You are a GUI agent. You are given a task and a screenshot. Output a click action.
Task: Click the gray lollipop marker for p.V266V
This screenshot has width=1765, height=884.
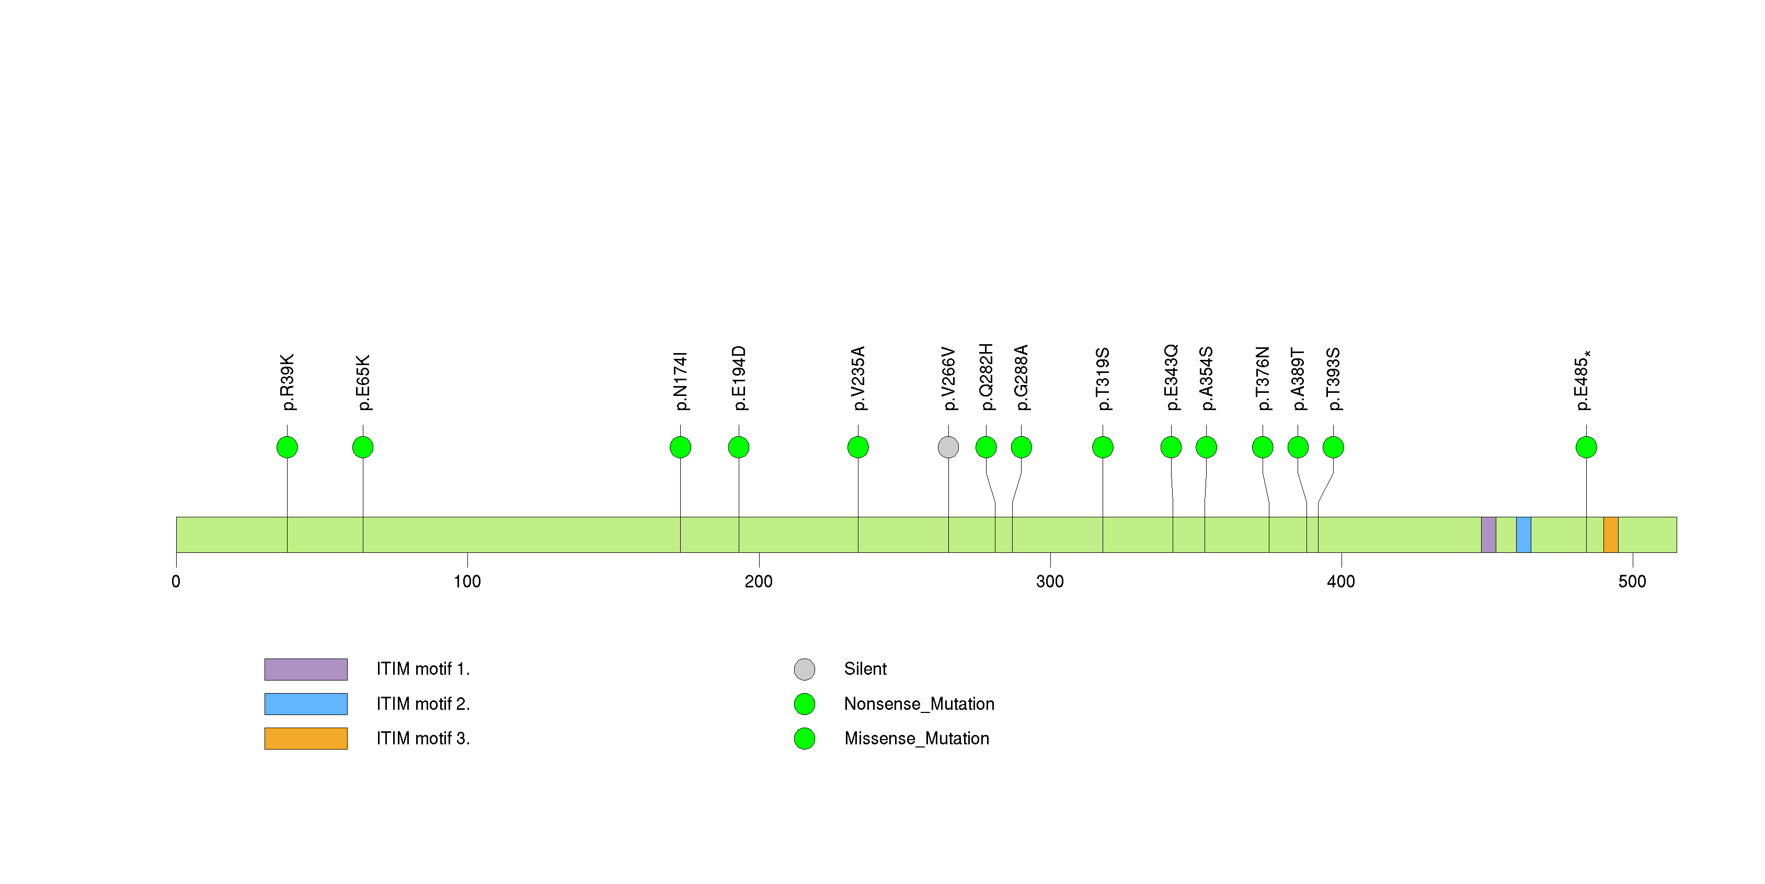(x=948, y=447)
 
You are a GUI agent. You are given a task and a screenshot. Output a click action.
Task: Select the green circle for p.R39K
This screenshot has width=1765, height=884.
(x=287, y=447)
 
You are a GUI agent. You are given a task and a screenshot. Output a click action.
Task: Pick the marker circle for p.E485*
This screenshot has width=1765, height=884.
(x=1586, y=447)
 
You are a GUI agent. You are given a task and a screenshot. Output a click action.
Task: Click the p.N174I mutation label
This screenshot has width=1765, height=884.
(x=680, y=381)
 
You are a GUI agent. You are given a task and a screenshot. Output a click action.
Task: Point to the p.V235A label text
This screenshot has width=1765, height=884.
(x=858, y=378)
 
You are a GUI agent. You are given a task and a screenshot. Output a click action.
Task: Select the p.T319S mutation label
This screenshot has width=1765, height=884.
(x=1103, y=379)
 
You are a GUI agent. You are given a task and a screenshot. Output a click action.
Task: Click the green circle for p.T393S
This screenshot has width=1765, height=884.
(x=1333, y=447)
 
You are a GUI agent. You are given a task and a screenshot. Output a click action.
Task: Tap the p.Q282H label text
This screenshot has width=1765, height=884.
(x=986, y=377)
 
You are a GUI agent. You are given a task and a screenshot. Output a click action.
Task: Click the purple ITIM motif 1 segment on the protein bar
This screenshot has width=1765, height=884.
(x=1488, y=535)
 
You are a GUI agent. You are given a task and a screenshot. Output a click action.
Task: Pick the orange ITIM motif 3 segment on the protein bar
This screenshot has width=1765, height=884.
(x=1611, y=535)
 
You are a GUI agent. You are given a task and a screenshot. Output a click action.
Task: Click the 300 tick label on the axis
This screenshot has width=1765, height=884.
(x=1050, y=582)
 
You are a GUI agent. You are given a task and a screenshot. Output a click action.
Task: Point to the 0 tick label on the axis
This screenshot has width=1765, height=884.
(x=176, y=582)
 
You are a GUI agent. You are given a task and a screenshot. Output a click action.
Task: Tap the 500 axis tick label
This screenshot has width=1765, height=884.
(x=1632, y=582)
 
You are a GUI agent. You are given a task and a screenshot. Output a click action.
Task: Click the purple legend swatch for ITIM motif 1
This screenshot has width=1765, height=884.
(x=306, y=670)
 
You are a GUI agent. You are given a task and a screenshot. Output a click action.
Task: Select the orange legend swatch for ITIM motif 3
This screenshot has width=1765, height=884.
(x=306, y=739)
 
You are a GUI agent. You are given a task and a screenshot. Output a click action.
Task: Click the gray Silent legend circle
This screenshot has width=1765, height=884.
(x=805, y=670)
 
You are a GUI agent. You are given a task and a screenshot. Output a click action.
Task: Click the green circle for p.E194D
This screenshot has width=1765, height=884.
(x=739, y=447)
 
